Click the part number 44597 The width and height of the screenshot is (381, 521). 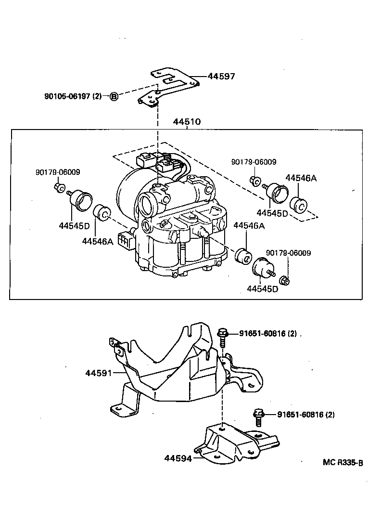click(x=222, y=76)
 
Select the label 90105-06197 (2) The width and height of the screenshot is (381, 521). click(x=73, y=96)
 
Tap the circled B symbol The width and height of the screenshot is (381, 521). click(x=114, y=96)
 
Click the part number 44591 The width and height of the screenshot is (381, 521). click(x=99, y=373)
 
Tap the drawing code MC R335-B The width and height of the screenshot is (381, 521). click(x=343, y=463)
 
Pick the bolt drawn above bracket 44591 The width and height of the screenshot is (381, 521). click(x=222, y=336)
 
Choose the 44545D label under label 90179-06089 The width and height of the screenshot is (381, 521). click(x=262, y=289)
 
